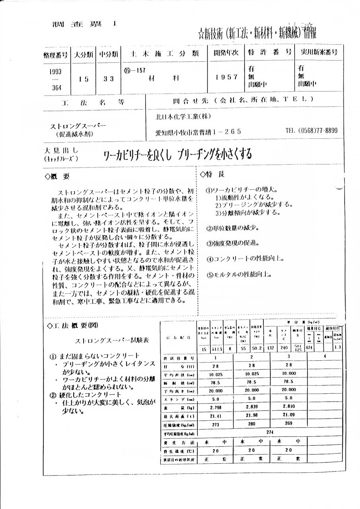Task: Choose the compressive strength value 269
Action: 288,424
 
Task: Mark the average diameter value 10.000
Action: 288,374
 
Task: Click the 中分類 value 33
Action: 109,78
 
